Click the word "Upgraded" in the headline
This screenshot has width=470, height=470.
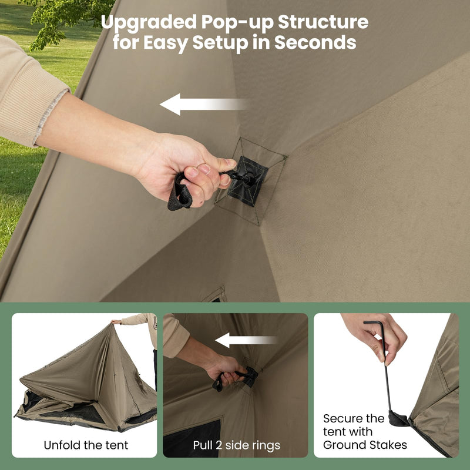(x=148, y=22)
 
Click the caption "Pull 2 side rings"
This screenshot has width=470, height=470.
(x=236, y=445)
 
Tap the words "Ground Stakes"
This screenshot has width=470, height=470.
(x=365, y=445)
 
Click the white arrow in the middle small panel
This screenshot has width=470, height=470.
(x=246, y=340)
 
